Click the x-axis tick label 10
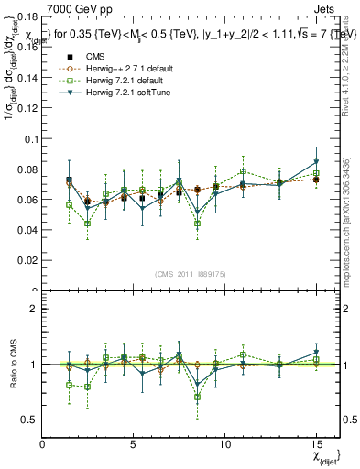(x=225, y=443)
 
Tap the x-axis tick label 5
(x=134, y=443)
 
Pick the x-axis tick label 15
(x=316, y=443)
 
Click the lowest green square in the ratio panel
(x=197, y=397)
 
